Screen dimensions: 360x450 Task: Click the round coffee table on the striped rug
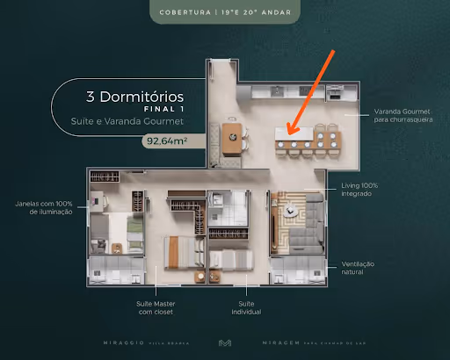tap(287, 211)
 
